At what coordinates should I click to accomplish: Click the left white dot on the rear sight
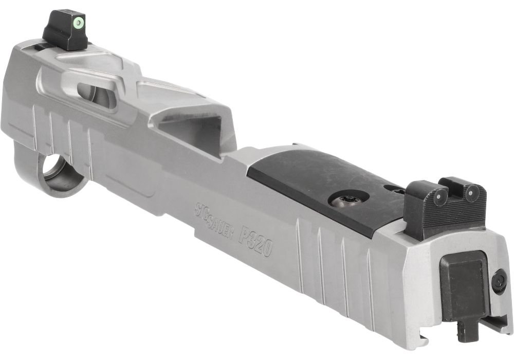(441, 193)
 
